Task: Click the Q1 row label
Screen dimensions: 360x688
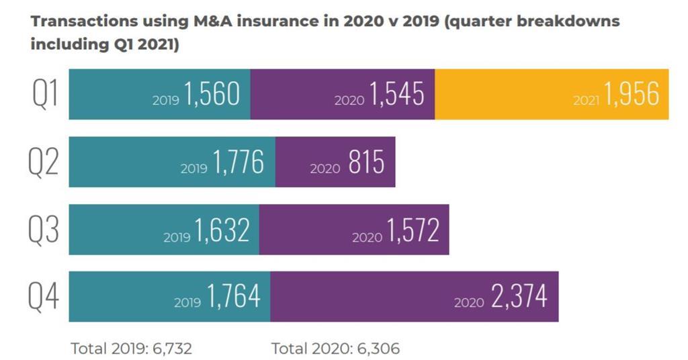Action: pyautogui.click(x=45, y=95)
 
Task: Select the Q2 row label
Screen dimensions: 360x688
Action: pyautogui.click(x=45, y=163)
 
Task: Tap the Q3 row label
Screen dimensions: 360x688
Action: pyautogui.click(x=45, y=230)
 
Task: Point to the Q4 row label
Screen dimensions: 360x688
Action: pyautogui.click(x=45, y=297)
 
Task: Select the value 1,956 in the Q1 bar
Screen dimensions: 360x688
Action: pyautogui.click(x=632, y=95)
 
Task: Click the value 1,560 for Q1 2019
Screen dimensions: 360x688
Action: pyautogui.click(x=212, y=95)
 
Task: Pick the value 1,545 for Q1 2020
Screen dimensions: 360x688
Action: pyautogui.click(x=396, y=95)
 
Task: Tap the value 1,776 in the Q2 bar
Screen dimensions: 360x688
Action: pyautogui.click(x=238, y=163)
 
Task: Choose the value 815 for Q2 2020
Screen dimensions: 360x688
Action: pyautogui.click(x=366, y=163)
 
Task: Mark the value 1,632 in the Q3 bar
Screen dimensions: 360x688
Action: pyautogui.click(x=222, y=230)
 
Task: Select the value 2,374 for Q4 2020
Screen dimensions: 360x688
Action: pyautogui.click(x=519, y=297)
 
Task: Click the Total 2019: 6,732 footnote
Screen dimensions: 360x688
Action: pyautogui.click(x=131, y=348)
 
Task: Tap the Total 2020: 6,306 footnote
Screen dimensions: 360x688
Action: pyautogui.click(x=335, y=348)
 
